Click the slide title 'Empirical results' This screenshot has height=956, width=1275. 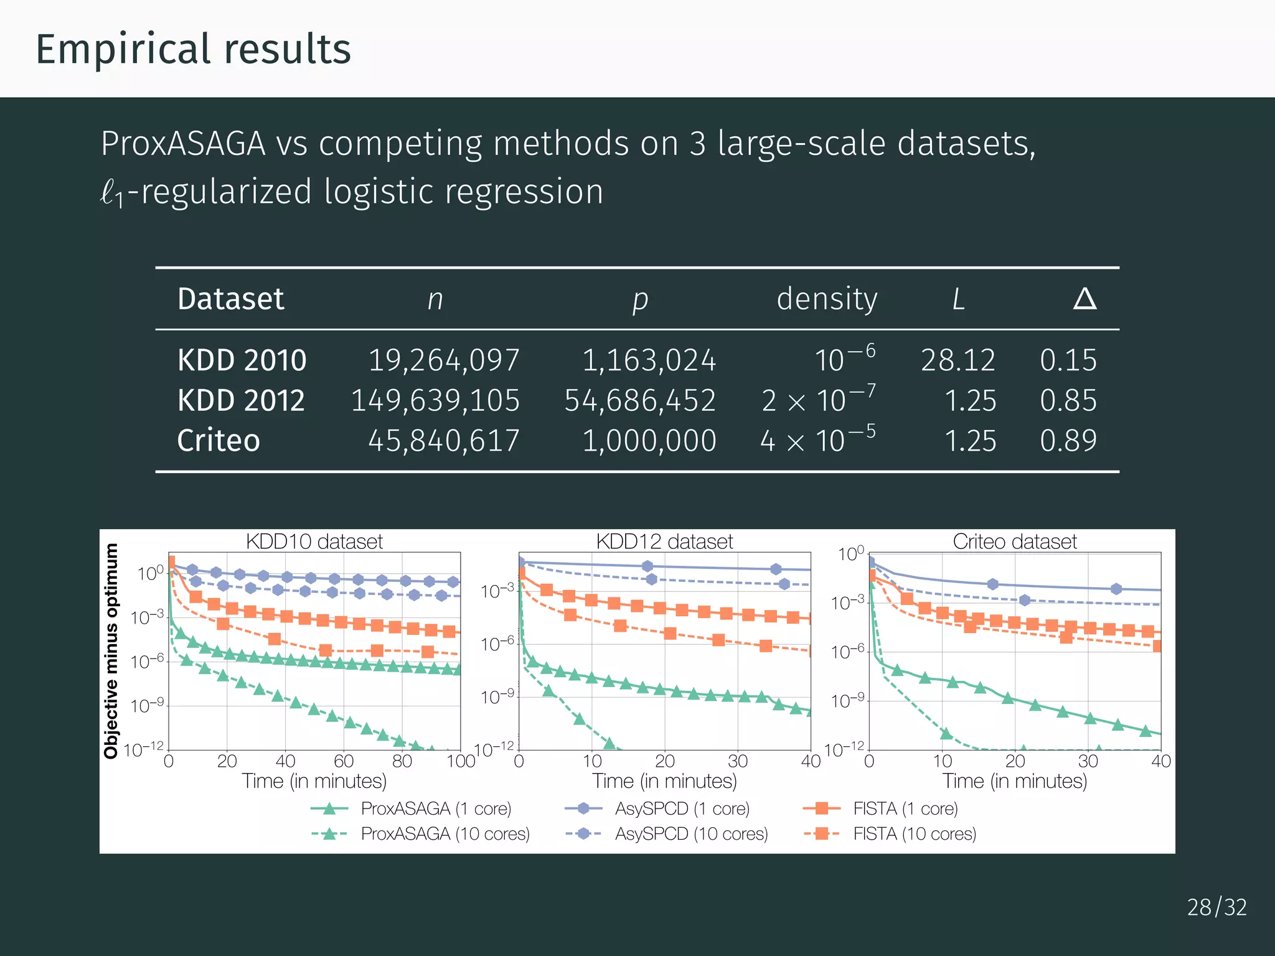pyautogui.click(x=193, y=50)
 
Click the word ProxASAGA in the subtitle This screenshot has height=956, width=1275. pyautogui.click(x=183, y=144)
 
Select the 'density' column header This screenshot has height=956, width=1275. pyautogui.click(x=827, y=299)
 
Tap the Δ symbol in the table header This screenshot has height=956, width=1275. pyautogui.click(x=1084, y=299)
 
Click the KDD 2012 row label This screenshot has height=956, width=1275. pyautogui.click(x=241, y=400)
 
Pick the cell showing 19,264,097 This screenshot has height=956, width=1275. pyautogui.click(x=443, y=360)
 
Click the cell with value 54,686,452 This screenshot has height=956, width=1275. pyautogui.click(x=640, y=400)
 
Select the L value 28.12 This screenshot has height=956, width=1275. pyautogui.click(x=957, y=360)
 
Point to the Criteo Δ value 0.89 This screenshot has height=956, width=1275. pyautogui.click(x=1068, y=441)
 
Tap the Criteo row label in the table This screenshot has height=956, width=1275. pyautogui.click(x=219, y=441)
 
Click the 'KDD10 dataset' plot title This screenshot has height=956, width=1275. pyautogui.click(x=314, y=541)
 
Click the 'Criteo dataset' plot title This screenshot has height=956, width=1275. pyautogui.click(x=1015, y=541)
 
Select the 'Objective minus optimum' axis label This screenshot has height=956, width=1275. pyautogui.click(x=111, y=650)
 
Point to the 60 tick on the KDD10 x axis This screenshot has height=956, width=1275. pyautogui.click(x=344, y=761)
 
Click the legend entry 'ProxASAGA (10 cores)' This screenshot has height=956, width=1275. pyautogui.click(x=445, y=834)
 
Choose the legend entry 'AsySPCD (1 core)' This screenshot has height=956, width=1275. pyautogui.click(x=682, y=808)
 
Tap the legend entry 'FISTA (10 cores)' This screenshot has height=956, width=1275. pyautogui.click(x=914, y=834)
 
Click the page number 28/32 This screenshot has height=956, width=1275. pyautogui.click(x=1216, y=907)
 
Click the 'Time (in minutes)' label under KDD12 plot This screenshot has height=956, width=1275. pyautogui.click(x=664, y=781)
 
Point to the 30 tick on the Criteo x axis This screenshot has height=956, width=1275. pyautogui.click(x=1088, y=761)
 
